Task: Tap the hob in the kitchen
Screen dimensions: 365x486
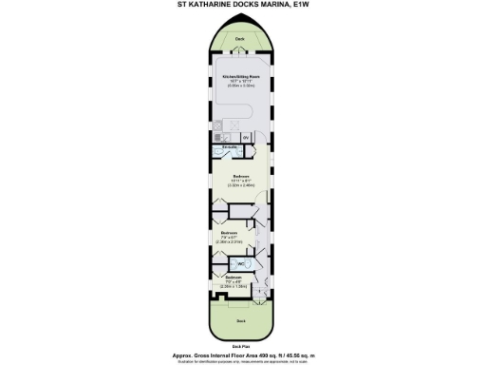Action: [219, 124]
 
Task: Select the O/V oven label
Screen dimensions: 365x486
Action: [246, 138]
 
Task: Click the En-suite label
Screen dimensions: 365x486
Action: [229, 147]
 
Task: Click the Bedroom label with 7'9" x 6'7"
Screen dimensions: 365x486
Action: [229, 233]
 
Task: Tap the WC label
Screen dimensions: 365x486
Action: [241, 263]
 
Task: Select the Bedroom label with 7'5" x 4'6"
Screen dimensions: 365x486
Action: [234, 277]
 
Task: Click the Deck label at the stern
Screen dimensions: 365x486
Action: [240, 321]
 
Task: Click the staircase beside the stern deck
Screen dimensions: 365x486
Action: [268, 282]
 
